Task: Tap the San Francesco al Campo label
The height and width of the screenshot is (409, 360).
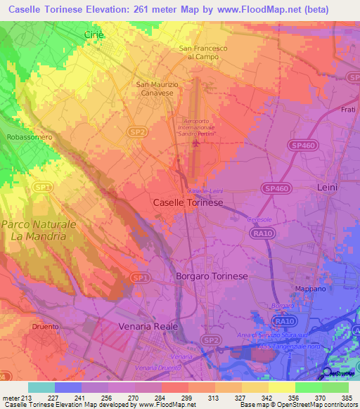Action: [203, 52]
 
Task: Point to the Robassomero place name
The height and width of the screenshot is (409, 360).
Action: [30, 138]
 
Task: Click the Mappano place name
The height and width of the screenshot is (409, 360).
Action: [310, 289]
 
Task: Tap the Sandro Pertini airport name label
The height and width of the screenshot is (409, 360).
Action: [197, 128]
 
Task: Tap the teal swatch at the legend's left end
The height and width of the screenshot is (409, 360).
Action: [41, 387]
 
